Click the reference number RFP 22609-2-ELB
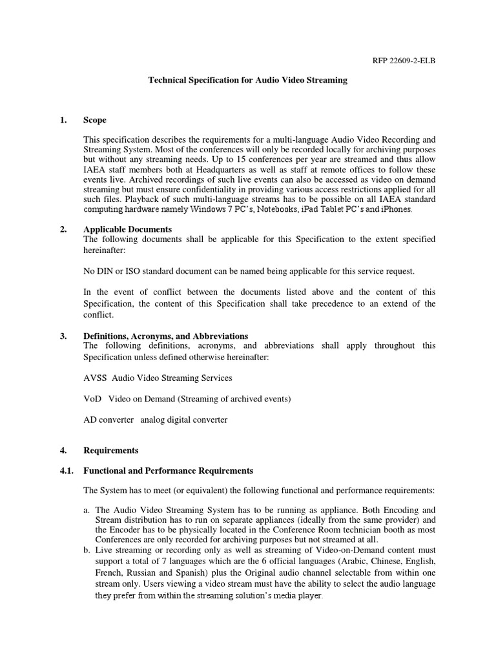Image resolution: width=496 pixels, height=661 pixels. pos(408,61)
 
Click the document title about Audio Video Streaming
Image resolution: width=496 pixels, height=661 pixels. pos(248,81)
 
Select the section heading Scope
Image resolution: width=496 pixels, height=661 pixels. pos(95,120)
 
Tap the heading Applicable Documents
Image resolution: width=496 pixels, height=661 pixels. pos(127,229)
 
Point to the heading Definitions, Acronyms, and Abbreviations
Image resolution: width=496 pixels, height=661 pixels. pos(165,336)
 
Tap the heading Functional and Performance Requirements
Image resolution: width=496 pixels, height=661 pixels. pos(168,471)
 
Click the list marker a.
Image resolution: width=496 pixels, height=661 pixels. pos(87,511)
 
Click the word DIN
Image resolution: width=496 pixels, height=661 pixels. pos(105,271)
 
